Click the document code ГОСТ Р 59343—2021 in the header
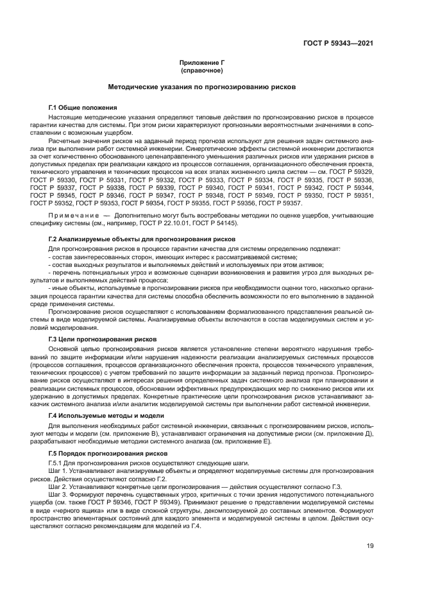tap(338, 43)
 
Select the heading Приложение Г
tap(206, 62)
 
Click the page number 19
tap(369, 547)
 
